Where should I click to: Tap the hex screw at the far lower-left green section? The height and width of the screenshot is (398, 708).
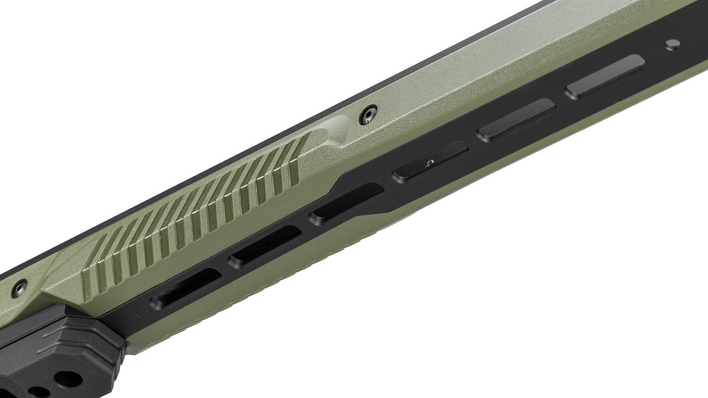point(20,288)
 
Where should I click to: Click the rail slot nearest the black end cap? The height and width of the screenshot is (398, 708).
point(186,289)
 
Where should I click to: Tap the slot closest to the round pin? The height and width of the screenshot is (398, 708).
point(605,77)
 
